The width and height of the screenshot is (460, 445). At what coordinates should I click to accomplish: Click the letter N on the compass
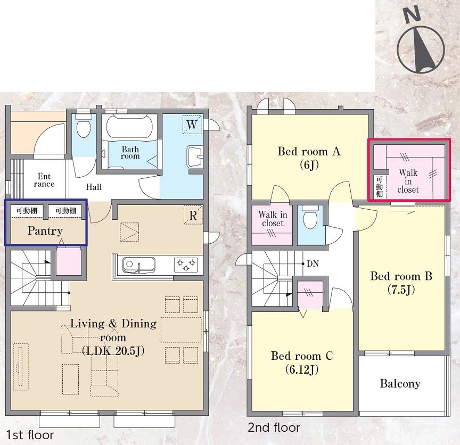[412, 15]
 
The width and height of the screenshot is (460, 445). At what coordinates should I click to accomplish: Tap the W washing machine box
[192, 125]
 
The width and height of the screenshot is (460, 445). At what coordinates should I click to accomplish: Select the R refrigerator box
[193, 215]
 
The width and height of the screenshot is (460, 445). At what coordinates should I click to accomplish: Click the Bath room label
[130, 153]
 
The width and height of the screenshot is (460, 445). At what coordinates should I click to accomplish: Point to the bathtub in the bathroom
[129, 127]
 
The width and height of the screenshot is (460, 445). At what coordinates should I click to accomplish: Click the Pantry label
[45, 231]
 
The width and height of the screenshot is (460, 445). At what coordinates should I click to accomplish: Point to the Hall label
[94, 187]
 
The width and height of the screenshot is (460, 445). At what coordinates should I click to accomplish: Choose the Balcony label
[400, 384]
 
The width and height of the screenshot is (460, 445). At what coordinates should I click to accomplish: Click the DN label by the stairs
[313, 263]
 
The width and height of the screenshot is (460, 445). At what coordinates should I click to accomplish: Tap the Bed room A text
[309, 151]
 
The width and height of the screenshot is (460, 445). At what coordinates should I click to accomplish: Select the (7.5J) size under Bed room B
[401, 290]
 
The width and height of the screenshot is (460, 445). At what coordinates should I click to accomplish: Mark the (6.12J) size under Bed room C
[302, 369]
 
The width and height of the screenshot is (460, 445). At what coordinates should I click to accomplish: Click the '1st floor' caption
[30, 435]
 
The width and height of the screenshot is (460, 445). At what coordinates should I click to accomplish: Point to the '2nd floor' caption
[274, 427]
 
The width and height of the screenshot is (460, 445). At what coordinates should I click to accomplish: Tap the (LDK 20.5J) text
[113, 351]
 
